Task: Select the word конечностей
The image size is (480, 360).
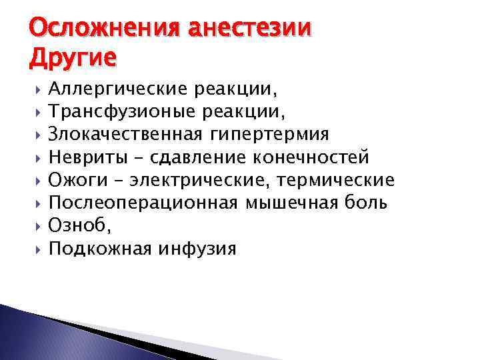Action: coord(311,157)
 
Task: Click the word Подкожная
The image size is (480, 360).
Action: coord(101,249)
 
